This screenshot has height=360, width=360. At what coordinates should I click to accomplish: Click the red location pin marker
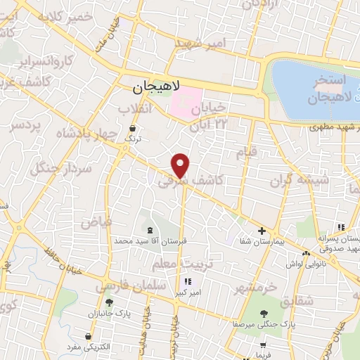click(x=181, y=165)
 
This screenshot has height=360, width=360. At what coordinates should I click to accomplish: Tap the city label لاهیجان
click(x=157, y=88)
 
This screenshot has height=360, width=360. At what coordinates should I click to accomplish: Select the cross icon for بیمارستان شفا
click(x=262, y=230)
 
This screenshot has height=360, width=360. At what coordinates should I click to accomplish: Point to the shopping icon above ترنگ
click(x=133, y=128)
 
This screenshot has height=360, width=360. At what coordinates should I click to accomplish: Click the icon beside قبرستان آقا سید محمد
click(x=148, y=229)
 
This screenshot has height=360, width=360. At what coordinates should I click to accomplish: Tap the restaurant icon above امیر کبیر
click(x=188, y=281)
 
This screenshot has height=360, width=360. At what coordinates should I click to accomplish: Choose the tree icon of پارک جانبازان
click(x=109, y=302)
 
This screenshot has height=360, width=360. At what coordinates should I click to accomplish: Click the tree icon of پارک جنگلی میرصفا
click(x=264, y=314)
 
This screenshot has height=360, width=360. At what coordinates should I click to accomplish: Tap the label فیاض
click(x=96, y=221)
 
